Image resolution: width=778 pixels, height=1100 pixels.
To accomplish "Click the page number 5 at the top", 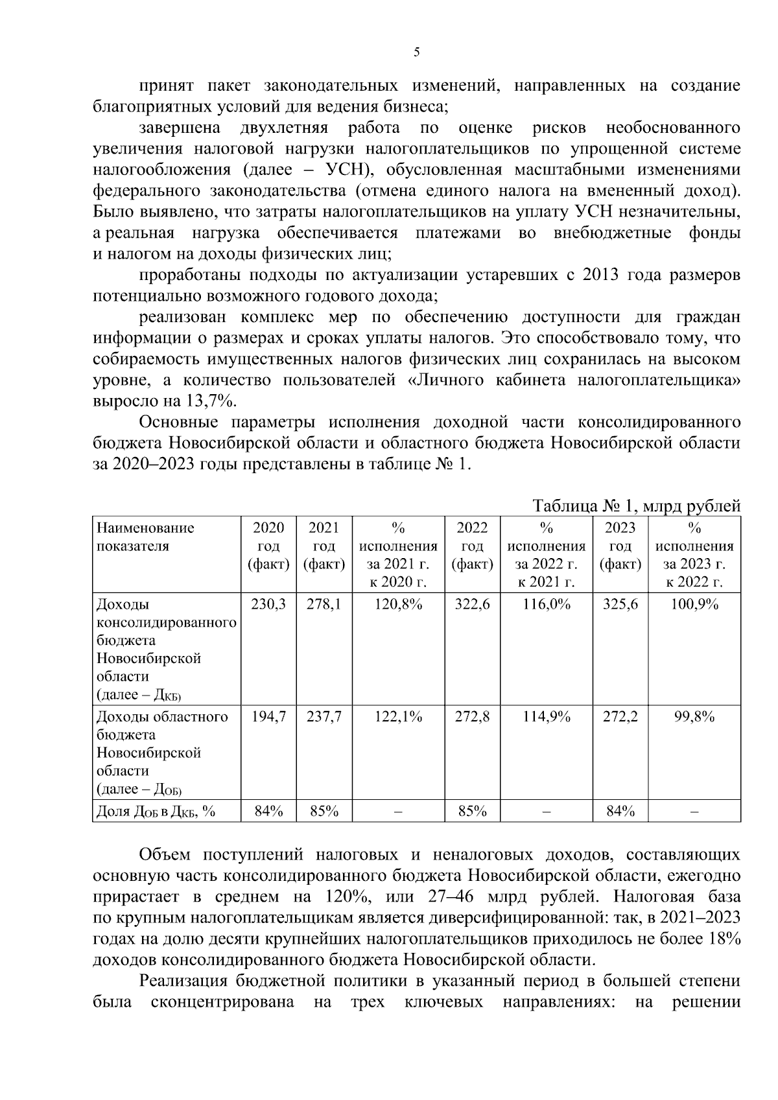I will click(x=416, y=52).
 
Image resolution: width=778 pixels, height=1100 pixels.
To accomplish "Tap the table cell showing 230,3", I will click(x=268, y=604).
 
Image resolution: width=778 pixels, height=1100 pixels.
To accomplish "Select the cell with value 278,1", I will click(x=324, y=604).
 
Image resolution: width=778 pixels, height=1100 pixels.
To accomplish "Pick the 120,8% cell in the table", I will click(x=399, y=604).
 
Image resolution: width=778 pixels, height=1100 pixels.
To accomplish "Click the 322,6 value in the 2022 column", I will click(x=473, y=604).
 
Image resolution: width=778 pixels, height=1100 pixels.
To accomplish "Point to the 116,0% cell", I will click(x=547, y=604).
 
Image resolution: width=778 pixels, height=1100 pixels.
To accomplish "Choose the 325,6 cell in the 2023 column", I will click(x=620, y=604).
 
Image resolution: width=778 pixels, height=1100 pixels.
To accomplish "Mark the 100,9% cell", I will click(x=694, y=604).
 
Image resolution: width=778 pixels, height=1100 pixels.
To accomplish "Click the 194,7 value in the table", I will click(x=268, y=716).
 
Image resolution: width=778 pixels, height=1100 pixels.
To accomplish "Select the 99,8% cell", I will click(x=694, y=716).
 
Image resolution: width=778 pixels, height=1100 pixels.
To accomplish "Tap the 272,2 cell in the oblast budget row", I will click(x=620, y=716).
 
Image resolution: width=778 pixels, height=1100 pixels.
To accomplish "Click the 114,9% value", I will click(x=547, y=716).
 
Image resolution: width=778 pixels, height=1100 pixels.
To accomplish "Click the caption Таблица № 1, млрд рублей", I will click(x=636, y=506).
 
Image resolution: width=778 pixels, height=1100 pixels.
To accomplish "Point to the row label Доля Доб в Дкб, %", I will click(x=156, y=811).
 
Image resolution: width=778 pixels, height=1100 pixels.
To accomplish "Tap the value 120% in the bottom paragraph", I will click(x=336, y=897).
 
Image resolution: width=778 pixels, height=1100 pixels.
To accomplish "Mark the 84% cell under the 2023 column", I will click(x=620, y=811).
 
